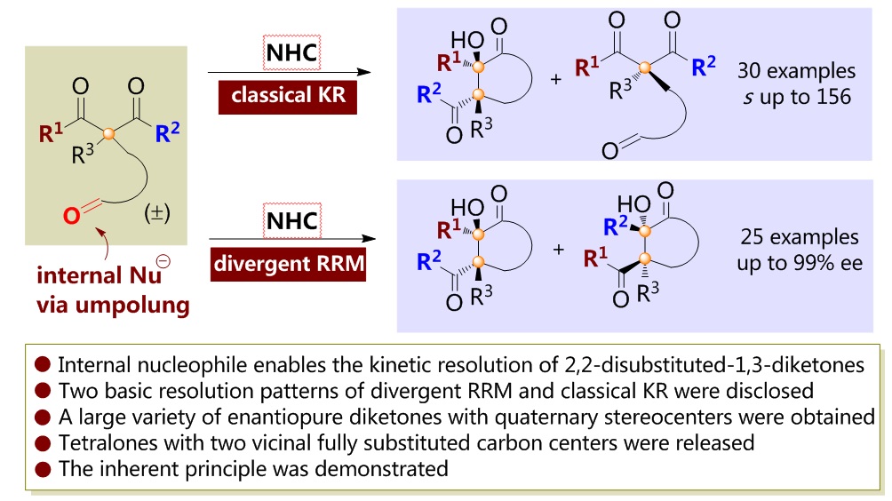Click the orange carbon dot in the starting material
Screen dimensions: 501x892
click(109, 135)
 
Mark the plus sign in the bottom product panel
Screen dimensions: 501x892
click(557, 249)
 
